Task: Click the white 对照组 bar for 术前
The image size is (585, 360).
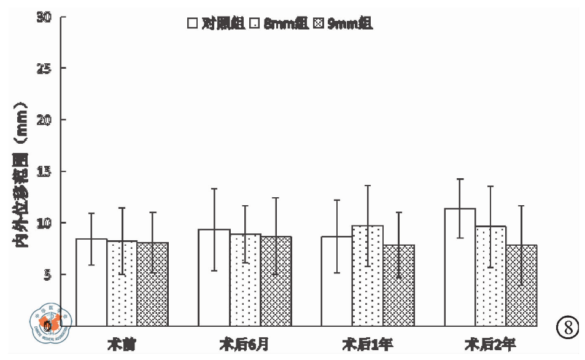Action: coord(91,282)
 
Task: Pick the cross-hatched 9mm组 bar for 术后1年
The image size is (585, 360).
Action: coord(398,285)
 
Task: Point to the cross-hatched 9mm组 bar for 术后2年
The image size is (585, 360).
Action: coord(521,285)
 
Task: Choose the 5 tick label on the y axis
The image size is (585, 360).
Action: coord(45,274)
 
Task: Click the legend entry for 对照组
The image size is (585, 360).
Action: coord(216,23)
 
